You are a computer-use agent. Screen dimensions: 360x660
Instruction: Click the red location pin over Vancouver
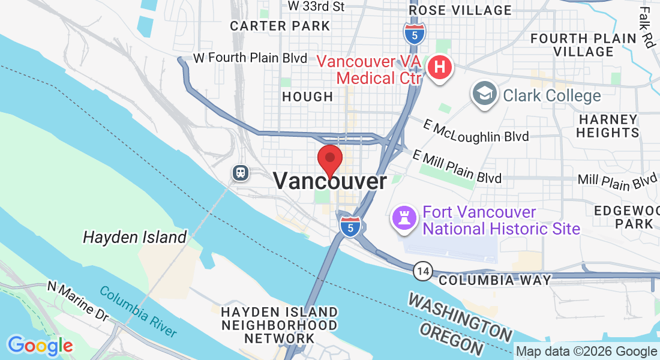329,160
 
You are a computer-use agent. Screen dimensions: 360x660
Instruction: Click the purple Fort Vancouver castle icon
404,217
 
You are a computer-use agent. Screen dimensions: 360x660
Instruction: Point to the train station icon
241,173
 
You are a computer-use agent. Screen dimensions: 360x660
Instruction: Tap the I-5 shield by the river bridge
350,226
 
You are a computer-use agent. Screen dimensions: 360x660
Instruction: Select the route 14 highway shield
423,272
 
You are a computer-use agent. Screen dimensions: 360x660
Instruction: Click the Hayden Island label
135,237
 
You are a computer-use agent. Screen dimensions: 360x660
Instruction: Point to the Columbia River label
138,311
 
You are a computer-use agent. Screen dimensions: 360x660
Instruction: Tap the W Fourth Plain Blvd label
253,58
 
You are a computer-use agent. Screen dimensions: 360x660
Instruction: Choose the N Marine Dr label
79,301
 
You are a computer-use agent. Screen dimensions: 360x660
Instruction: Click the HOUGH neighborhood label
307,97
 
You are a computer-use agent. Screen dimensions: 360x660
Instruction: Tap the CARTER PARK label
280,26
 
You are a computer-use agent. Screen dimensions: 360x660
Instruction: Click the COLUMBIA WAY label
494,280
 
